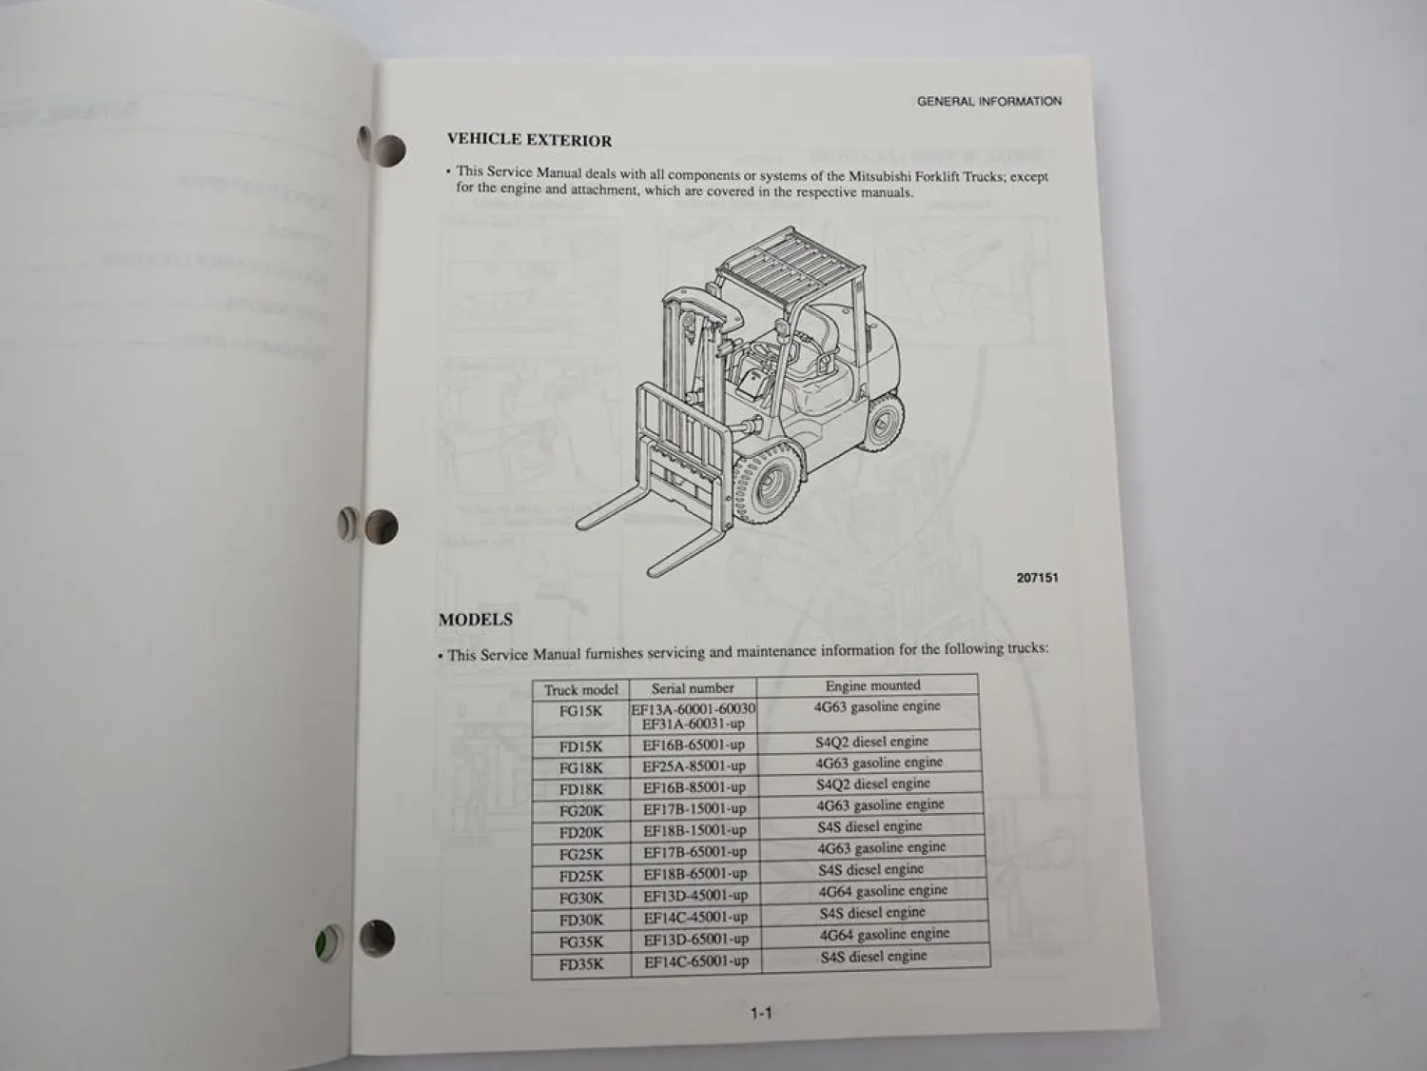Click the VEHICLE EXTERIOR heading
coord(529,140)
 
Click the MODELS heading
coord(476,620)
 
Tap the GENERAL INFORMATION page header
coord(988,101)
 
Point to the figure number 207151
coord(1037,578)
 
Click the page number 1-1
coord(760,1014)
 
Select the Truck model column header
coord(580,689)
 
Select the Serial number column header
coord(693,687)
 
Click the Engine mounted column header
coord(872,685)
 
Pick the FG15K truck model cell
coord(580,711)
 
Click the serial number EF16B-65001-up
coord(694,744)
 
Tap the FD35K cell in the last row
coord(581,963)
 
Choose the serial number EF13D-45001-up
coord(695,895)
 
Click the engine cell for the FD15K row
coord(871,742)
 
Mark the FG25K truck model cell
coord(581,854)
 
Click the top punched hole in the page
coord(387,149)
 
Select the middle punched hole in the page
coord(381,526)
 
